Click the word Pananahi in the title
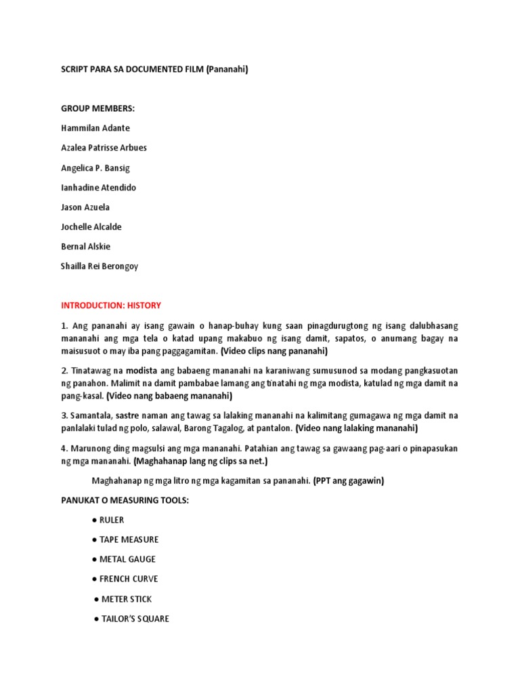228,69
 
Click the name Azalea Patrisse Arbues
104,148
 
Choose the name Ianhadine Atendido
98,187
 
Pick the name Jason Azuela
85,207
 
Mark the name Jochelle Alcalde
91,226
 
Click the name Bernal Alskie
85,246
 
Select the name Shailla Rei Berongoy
100,266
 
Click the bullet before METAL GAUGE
93,559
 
